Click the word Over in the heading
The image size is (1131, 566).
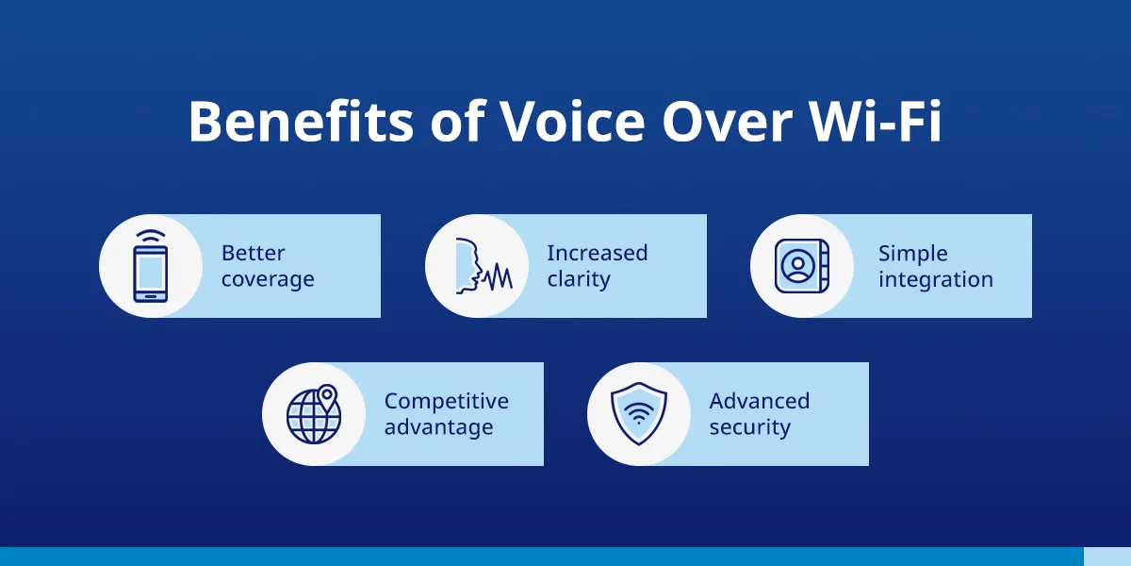(717, 121)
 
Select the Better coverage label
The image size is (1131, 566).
(268, 266)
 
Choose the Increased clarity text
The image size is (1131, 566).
(597, 266)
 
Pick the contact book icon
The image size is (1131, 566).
(801, 266)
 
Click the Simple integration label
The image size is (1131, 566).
(935, 266)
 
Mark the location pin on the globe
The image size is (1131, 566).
(327, 396)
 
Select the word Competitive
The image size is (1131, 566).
(446, 401)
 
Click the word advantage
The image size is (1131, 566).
(438, 427)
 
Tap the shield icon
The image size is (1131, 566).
(638, 414)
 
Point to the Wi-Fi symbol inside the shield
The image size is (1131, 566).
(638, 412)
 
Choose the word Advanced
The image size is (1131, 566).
(759, 401)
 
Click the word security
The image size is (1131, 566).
(749, 427)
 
